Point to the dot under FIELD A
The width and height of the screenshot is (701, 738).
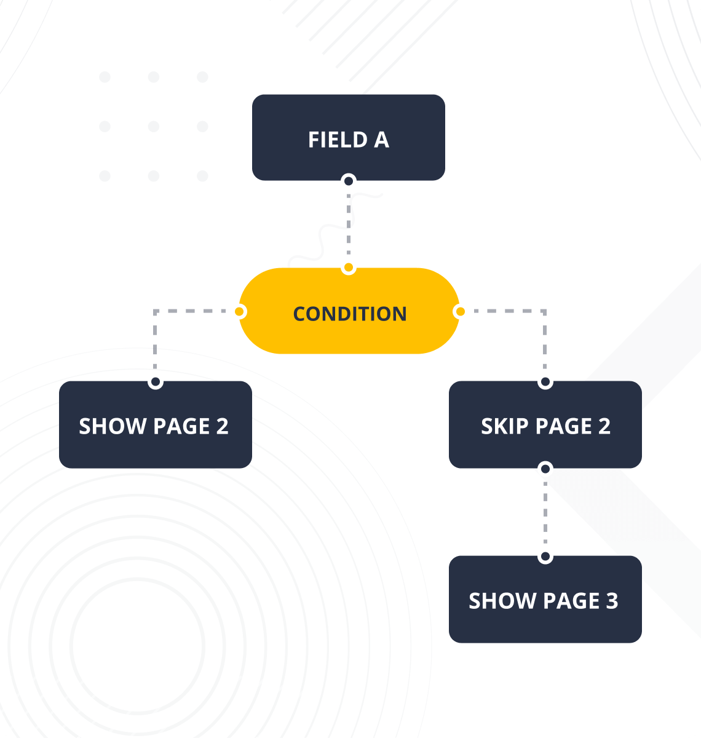click(x=349, y=181)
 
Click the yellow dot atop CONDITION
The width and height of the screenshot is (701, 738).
click(x=349, y=268)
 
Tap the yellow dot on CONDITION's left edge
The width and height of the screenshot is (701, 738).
click(x=240, y=312)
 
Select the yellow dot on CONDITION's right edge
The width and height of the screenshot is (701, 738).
click(x=459, y=312)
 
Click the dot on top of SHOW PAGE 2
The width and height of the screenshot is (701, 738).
click(x=156, y=383)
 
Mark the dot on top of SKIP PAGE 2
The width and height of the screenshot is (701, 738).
click(x=545, y=383)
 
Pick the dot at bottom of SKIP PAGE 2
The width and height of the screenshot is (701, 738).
click(x=545, y=469)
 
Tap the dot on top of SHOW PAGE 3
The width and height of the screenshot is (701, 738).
click(x=545, y=557)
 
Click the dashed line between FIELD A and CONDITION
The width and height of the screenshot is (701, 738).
click(x=349, y=224)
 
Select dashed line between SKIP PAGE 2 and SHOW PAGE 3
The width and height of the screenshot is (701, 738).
click(x=545, y=513)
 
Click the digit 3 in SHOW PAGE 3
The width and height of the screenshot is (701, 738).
click(x=611, y=601)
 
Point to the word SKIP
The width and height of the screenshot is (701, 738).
click(x=504, y=426)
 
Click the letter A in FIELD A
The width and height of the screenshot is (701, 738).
click(x=381, y=140)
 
